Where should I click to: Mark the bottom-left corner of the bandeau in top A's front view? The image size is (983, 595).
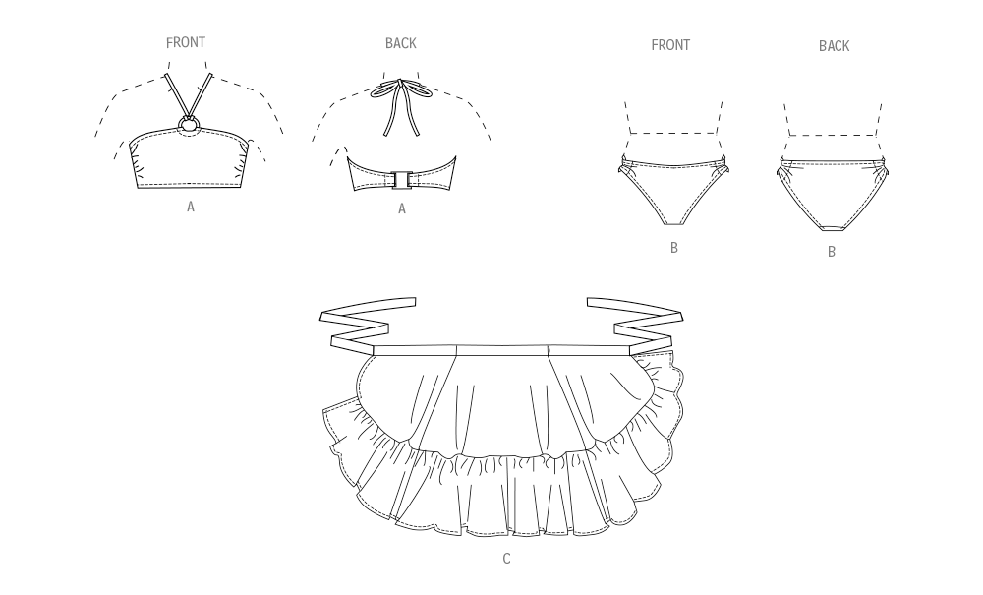click(138, 188)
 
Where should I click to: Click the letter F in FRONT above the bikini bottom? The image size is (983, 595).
click(655, 45)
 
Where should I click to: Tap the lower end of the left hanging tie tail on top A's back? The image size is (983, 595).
click(386, 134)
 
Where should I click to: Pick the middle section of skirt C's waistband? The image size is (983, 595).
click(502, 349)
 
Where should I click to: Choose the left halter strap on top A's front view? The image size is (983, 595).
click(175, 96)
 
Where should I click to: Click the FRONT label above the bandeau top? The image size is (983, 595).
click(186, 42)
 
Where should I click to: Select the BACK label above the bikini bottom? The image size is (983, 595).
click(834, 46)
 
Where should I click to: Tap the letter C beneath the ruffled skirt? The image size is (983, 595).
click(506, 558)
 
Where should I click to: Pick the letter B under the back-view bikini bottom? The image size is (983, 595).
click(832, 252)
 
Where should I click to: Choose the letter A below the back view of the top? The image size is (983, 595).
click(402, 208)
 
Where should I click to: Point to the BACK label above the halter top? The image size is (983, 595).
click(401, 43)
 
